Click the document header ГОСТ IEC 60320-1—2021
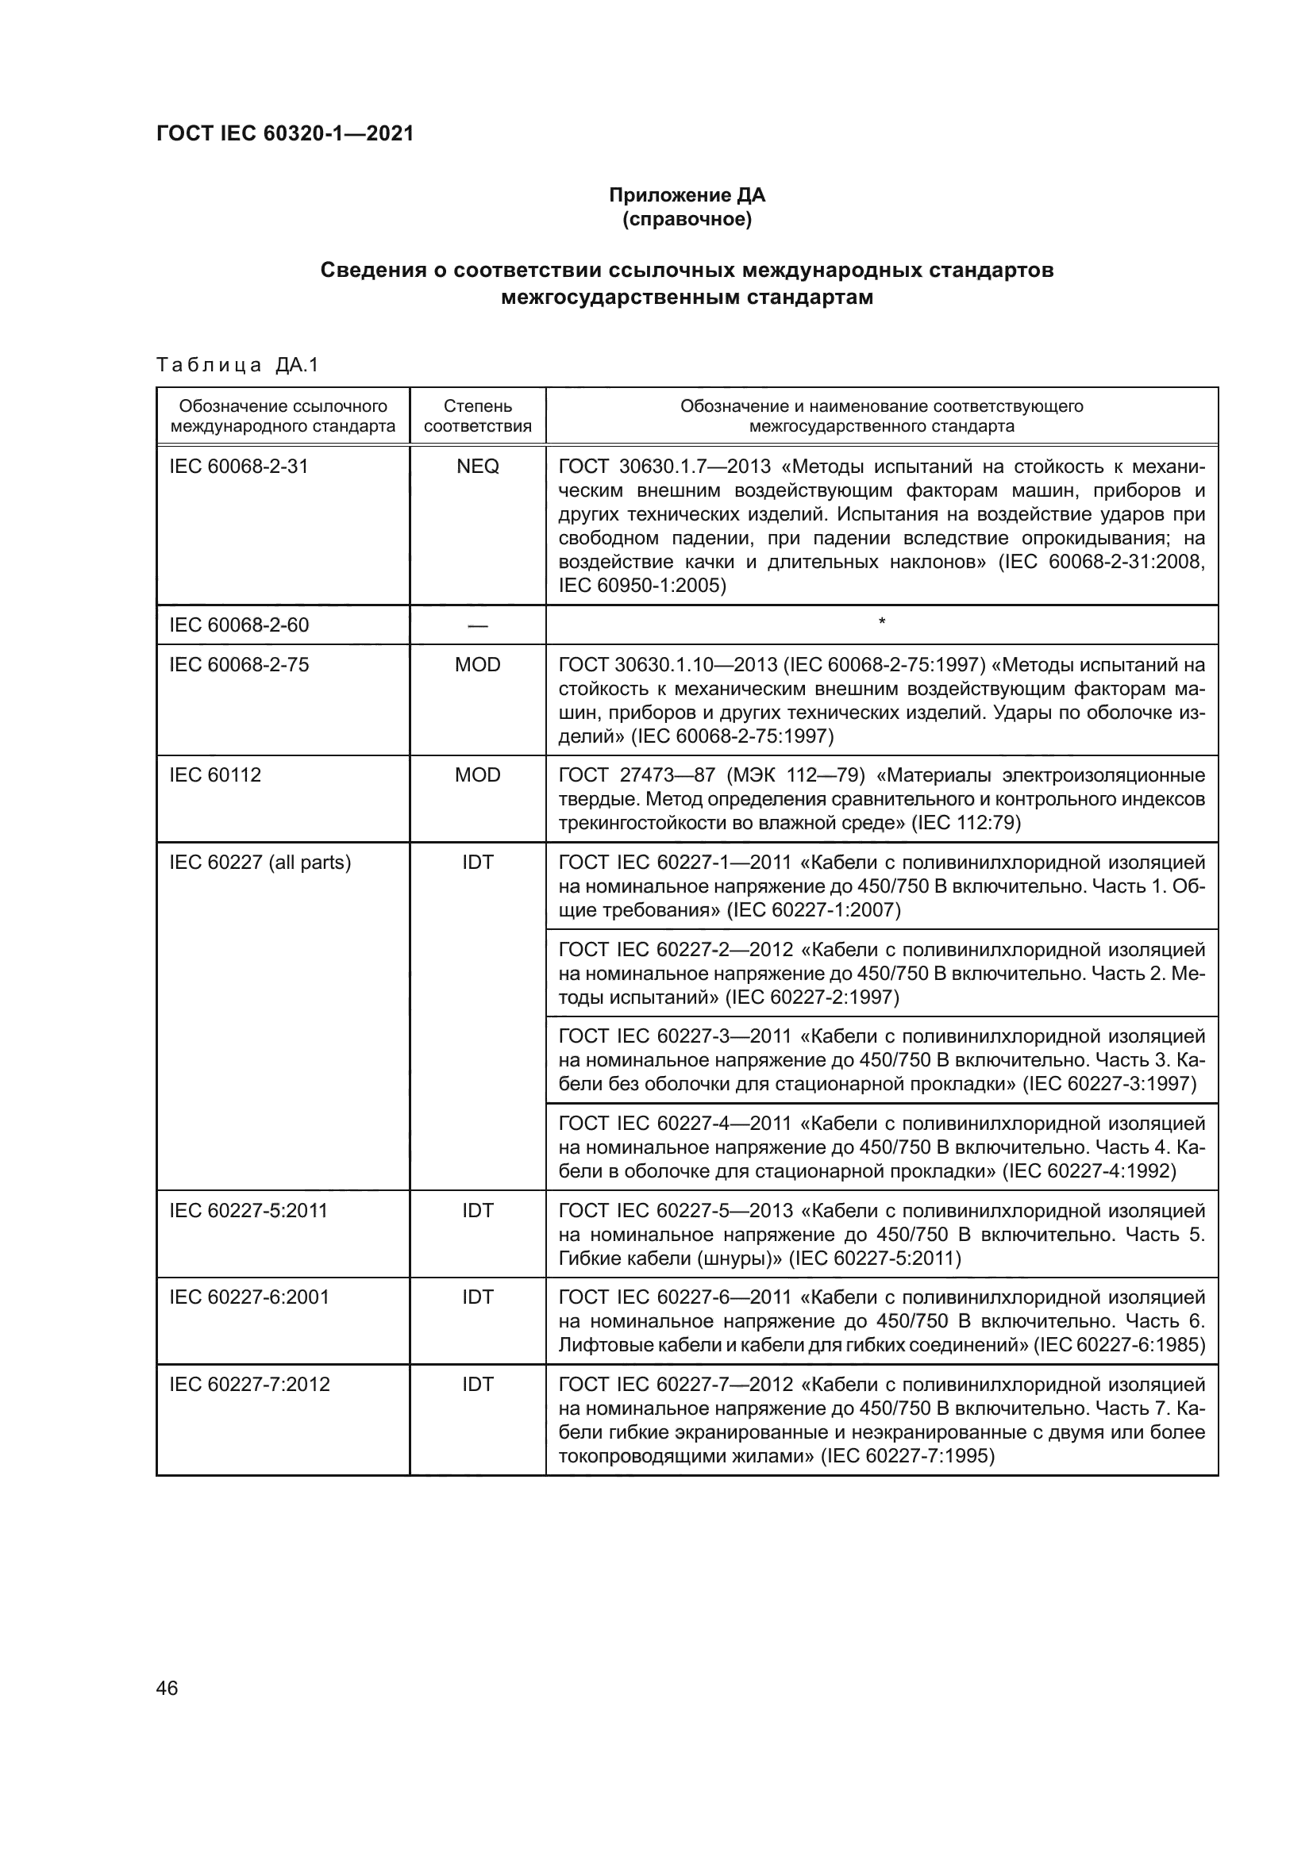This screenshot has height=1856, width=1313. (x=285, y=133)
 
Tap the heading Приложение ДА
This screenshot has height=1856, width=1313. (x=687, y=195)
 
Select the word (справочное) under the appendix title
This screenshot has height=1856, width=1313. (x=687, y=219)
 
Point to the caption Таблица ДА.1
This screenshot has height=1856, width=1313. (x=237, y=365)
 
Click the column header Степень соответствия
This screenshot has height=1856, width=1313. (x=477, y=416)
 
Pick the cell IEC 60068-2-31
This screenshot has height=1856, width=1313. (x=238, y=467)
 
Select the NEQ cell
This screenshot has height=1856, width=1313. (x=477, y=467)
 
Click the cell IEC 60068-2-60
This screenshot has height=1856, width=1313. (x=238, y=624)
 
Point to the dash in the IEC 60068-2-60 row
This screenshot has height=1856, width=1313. (x=477, y=625)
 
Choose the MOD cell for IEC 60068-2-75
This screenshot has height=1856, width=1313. (x=477, y=664)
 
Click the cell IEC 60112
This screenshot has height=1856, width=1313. (x=215, y=775)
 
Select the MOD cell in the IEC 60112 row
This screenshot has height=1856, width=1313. (x=477, y=775)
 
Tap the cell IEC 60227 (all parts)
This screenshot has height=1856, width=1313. (x=260, y=863)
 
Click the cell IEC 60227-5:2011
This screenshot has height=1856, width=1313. (x=248, y=1210)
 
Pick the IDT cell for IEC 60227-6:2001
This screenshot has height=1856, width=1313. (x=477, y=1297)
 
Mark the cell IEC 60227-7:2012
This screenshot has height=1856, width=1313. (x=249, y=1385)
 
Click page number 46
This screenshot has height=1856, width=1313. (x=167, y=1688)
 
